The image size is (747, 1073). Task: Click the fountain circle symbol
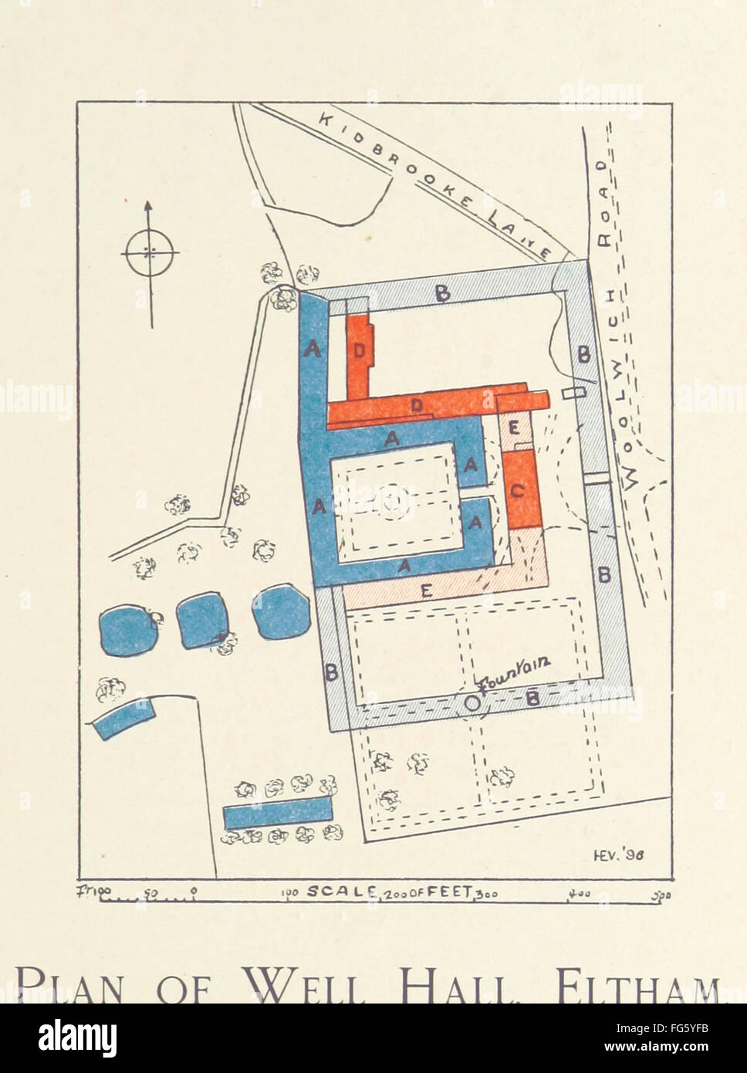472,702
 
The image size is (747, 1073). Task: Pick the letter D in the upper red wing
359,350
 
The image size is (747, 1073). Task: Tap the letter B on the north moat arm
442,293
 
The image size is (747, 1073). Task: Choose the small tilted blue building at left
121,717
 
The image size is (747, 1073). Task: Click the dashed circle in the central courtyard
393,503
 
